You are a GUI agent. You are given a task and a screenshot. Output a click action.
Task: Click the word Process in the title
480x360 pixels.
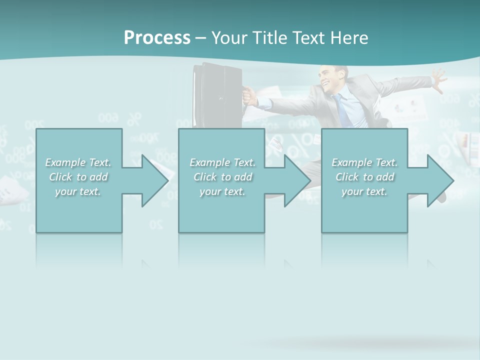click(x=157, y=38)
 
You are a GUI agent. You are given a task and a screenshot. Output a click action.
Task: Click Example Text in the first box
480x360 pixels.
click(x=78, y=162)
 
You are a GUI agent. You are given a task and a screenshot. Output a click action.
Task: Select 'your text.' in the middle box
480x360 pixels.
click(x=222, y=191)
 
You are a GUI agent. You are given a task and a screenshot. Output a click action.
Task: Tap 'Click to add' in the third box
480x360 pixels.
click(x=365, y=177)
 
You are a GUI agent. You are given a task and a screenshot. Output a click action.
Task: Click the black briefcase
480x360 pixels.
click(x=217, y=95)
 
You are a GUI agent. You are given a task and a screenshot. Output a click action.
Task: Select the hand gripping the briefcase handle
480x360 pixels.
click(x=249, y=95)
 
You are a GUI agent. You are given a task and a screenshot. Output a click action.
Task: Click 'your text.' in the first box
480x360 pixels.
click(x=78, y=191)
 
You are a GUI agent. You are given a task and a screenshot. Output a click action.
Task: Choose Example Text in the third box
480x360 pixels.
click(x=365, y=162)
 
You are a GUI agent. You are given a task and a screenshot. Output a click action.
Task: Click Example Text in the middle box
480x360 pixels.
click(x=222, y=162)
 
